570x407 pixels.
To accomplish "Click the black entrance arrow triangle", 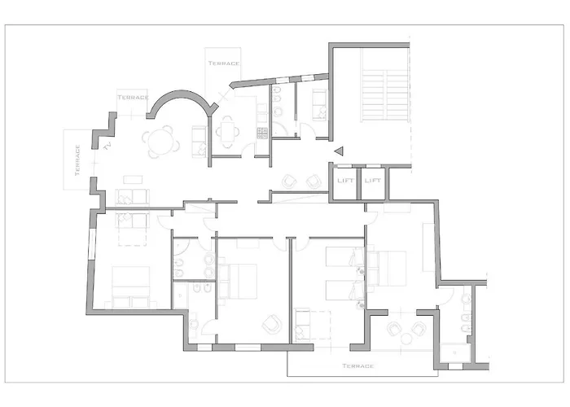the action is (340, 151).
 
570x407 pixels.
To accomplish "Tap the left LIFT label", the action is (345, 180).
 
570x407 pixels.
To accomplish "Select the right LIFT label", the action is (373, 180).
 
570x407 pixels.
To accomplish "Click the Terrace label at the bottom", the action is (358, 366).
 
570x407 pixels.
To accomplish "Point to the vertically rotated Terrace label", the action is (77, 160).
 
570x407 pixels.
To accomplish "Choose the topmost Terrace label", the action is (224, 63).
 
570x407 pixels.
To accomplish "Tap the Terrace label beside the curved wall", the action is (133, 98).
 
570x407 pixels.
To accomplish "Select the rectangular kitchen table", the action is (227, 132).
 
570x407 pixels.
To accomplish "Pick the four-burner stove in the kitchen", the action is (262, 133).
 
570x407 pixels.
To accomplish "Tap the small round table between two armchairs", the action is (406, 339).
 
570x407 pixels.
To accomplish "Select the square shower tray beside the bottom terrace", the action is (455, 352).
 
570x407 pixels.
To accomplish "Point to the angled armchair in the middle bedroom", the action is (271, 324).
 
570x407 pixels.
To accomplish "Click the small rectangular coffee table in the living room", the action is (133, 180).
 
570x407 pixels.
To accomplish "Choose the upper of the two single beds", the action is (345, 256).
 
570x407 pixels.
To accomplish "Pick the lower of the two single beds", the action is (344, 290).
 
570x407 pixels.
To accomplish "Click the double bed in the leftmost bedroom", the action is (131, 287).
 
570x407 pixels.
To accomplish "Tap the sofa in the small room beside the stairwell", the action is (319, 105).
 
